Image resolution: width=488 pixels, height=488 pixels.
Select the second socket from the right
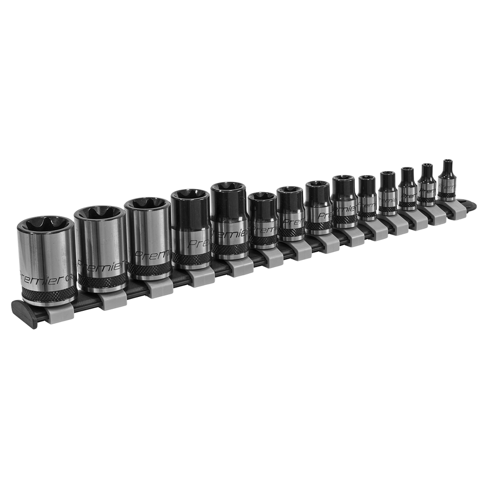(x=426, y=187)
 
